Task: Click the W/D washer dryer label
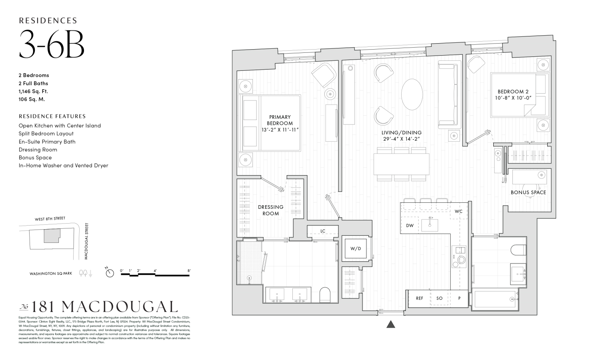(356, 248)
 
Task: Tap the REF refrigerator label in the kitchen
(419, 298)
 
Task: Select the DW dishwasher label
(410, 226)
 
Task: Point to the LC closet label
(322, 231)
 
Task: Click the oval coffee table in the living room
(412, 94)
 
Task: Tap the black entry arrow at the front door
(391, 324)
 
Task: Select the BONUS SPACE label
(528, 192)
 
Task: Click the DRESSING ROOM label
(270, 210)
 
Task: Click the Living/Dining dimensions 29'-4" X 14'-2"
(401, 139)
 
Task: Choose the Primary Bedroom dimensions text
(280, 130)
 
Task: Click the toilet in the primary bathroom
(325, 295)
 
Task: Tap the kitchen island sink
(430, 225)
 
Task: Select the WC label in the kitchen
(458, 211)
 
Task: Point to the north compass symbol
(110, 273)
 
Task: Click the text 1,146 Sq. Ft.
(33, 91)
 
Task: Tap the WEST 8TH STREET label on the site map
(50, 219)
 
